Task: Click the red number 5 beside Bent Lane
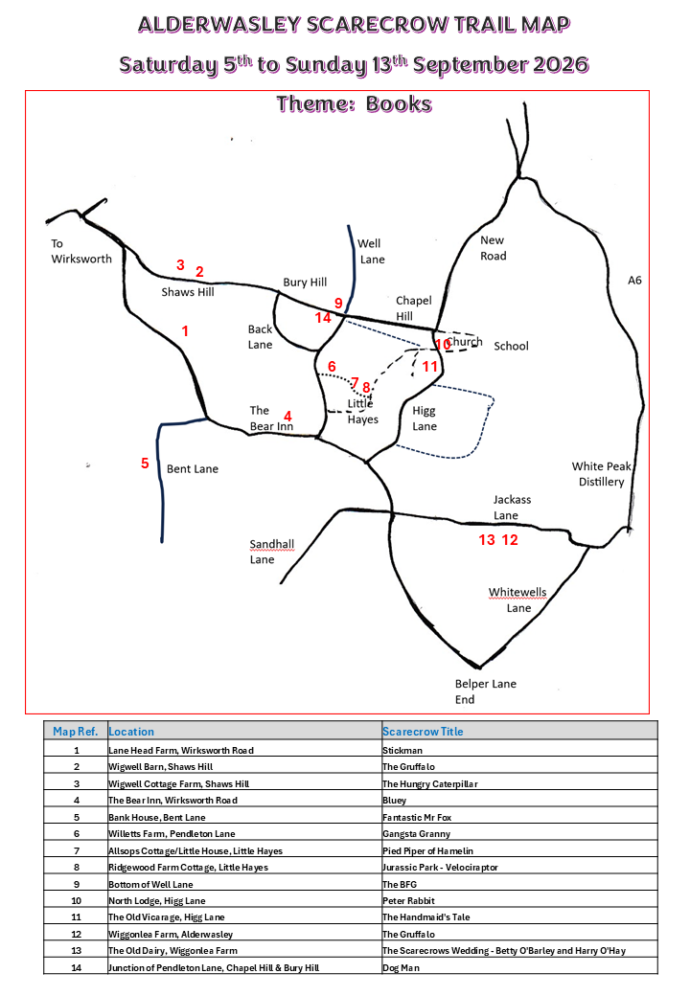click(145, 464)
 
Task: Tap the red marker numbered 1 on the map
click(185, 331)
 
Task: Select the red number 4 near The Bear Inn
click(287, 416)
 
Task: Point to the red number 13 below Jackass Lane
click(487, 540)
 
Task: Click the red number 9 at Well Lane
click(338, 303)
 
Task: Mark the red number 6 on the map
click(332, 367)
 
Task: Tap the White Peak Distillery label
click(601, 474)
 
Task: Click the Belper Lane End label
click(486, 691)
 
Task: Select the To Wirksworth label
click(81, 251)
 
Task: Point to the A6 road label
click(634, 280)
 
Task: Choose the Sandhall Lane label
click(272, 552)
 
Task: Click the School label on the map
click(512, 346)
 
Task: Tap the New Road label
click(493, 248)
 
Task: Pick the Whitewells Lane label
click(517, 600)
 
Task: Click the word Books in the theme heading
click(399, 103)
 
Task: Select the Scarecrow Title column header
click(424, 731)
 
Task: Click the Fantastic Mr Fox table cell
click(417, 818)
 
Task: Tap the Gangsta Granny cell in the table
click(416, 834)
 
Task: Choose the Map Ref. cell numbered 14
click(77, 968)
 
